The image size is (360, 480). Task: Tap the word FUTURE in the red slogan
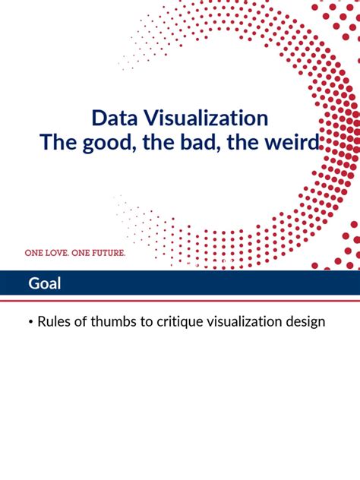[108, 252]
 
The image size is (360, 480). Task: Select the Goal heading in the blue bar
[45, 284]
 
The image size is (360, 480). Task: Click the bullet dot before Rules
[30, 323]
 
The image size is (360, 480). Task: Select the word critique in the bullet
[178, 322]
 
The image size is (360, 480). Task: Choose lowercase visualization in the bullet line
[245, 322]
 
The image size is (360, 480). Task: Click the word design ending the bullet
[305, 322]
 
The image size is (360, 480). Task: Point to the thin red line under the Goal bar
[180, 300]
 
